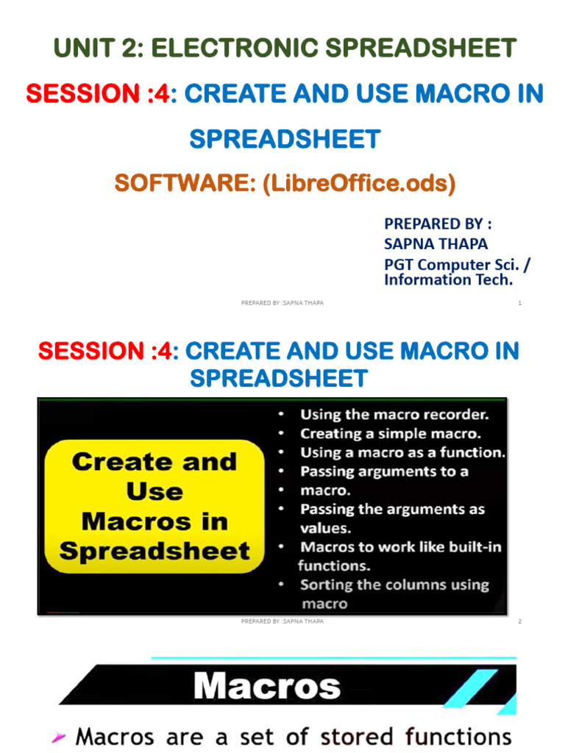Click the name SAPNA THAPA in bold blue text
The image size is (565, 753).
436,243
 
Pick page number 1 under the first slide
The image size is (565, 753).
519,303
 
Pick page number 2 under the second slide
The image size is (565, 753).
519,621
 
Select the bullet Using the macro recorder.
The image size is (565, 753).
394,414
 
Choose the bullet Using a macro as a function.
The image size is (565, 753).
402,452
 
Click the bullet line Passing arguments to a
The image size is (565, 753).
384,471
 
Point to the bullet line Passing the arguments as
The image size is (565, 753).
392,509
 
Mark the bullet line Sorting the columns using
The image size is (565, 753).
394,585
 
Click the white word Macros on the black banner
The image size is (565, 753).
267,687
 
